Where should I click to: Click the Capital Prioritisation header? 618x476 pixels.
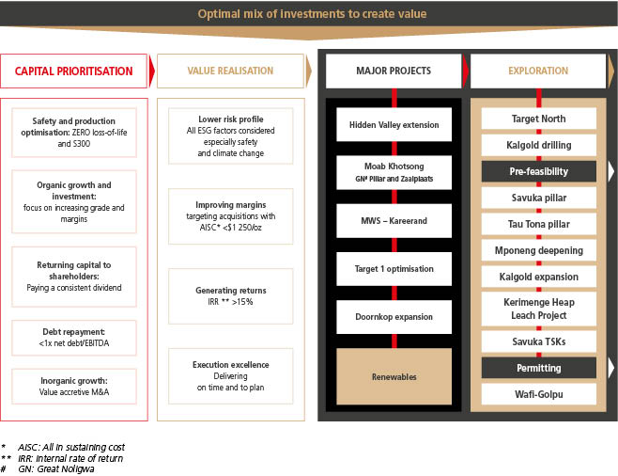(73, 71)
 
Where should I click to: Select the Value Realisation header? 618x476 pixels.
(230, 71)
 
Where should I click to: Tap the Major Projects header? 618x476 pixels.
(394, 71)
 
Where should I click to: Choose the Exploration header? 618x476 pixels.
(537, 71)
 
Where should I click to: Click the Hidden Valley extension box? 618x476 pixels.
(394, 124)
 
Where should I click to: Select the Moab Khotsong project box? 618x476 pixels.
(394, 171)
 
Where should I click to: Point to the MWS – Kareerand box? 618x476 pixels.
(394, 220)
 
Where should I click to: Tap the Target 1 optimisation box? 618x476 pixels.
(394, 268)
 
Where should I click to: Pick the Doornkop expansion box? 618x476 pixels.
(394, 316)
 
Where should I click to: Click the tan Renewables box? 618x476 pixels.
(394, 375)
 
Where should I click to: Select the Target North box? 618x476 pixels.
(537, 119)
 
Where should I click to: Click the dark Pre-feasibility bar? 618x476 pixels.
(537, 171)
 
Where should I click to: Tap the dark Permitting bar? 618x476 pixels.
(537, 367)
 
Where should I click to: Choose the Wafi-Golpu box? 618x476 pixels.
(537, 393)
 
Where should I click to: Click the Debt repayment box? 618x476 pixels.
(74, 337)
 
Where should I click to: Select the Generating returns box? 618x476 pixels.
(230, 296)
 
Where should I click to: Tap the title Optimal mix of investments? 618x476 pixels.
(309, 13)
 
